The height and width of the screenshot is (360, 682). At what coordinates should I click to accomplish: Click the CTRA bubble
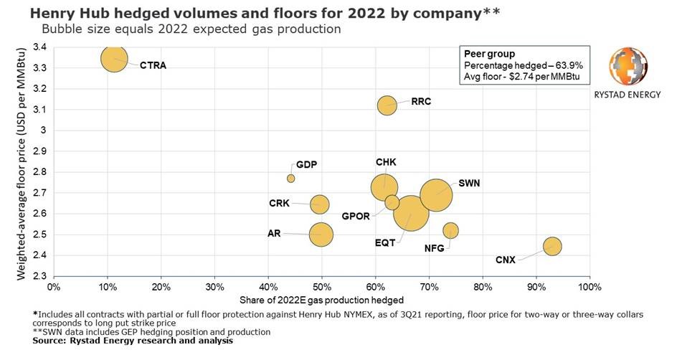click(114, 58)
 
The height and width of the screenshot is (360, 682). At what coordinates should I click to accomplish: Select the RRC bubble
click(387, 105)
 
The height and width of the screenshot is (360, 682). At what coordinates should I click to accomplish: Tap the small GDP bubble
click(290, 178)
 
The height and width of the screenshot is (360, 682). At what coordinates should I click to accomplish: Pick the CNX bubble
click(551, 246)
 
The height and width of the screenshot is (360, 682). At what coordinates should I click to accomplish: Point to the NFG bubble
click(450, 230)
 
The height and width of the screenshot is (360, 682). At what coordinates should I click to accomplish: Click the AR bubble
click(321, 234)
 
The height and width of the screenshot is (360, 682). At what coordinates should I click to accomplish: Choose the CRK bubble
click(319, 204)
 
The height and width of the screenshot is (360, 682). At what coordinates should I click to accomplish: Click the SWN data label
click(469, 184)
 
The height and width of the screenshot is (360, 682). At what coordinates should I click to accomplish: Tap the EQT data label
click(385, 243)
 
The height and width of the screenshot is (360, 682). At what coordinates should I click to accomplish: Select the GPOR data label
click(356, 216)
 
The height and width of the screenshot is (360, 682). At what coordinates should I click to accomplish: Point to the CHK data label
click(385, 163)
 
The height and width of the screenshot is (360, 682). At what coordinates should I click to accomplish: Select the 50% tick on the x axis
click(322, 287)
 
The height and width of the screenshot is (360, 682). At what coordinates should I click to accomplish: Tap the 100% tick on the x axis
click(589, 287)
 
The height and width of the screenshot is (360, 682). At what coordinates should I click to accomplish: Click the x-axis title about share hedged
click(322, 300)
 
